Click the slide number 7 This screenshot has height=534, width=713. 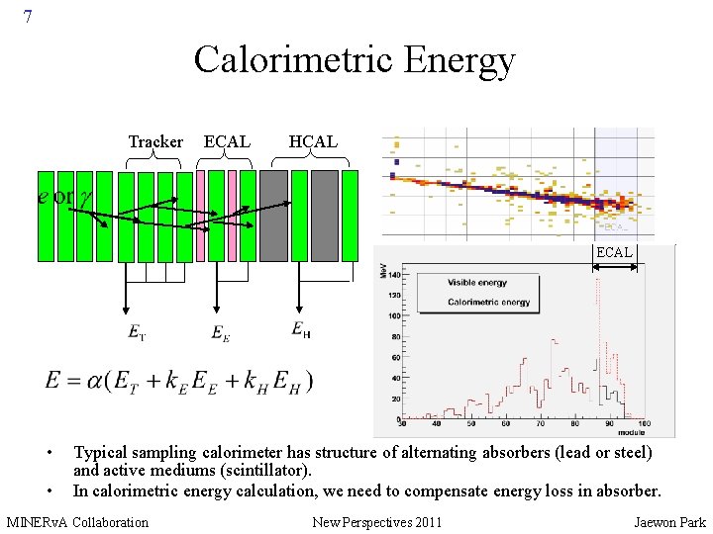[x=28, y=17]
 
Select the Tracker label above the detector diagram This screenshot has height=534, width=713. [x=155, y=142]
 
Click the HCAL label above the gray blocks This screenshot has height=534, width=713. [x=313, y=142]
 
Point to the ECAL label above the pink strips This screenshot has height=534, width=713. [x=227, y=142]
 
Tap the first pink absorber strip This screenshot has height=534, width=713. [x=201, y=216]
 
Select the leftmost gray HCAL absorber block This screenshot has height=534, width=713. [x=274, y=216]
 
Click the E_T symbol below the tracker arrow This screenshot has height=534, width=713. [x=137, y=332]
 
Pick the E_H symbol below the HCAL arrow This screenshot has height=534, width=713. [x=301, y=329]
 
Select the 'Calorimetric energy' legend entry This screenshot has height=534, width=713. [x=488, y=302]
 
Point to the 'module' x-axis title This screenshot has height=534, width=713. [x=632, y=433]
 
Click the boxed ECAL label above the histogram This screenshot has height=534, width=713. [x=614, y=253]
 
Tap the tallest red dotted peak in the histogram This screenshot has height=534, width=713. [x=597, y=282]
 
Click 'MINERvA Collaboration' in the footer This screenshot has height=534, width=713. [x=77, y=522]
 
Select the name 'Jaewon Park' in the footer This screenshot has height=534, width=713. [x=670, y=522]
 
